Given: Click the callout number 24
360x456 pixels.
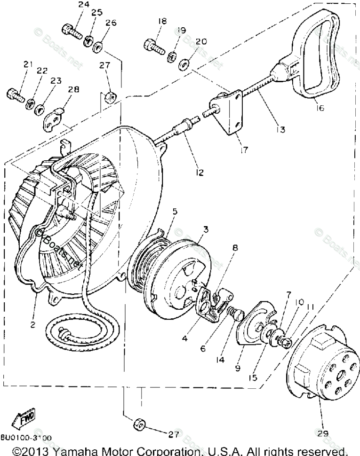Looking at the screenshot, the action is (84, 5).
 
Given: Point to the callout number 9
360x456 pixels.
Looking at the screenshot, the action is (238, 368).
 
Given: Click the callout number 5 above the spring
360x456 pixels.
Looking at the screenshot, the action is (174, 212).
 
